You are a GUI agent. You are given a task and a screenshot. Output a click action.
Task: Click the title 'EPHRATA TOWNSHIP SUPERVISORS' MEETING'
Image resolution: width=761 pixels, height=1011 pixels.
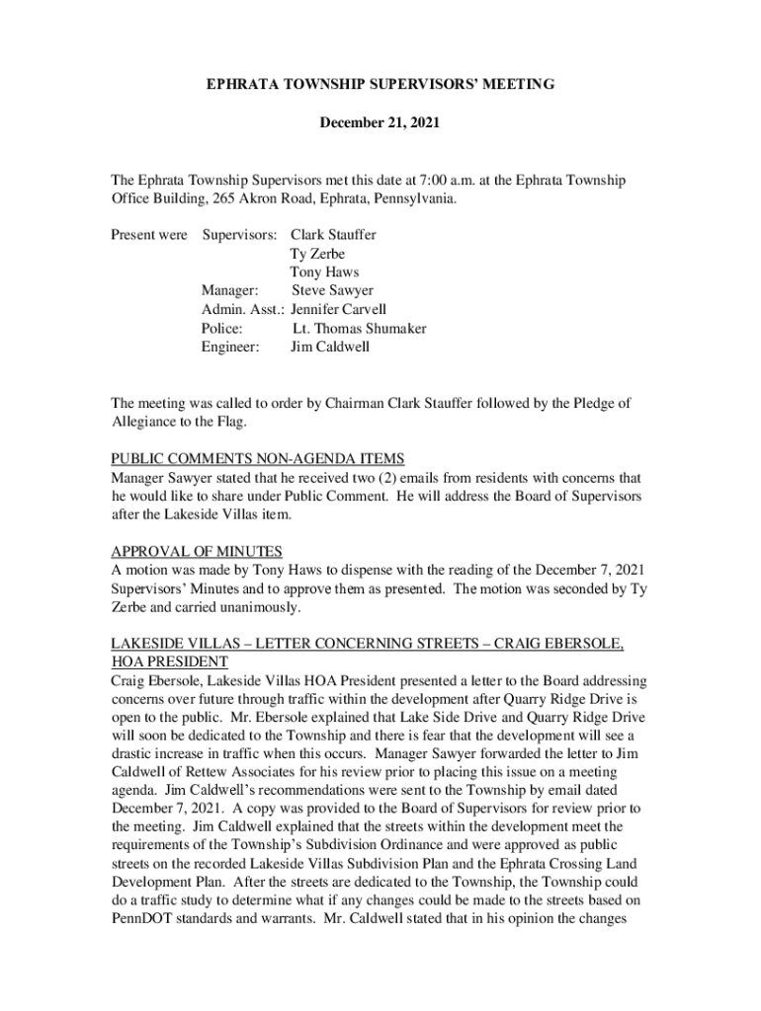pyautogui.click(x=380, y=86)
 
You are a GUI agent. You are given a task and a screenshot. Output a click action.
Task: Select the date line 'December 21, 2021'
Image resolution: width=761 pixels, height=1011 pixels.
pyautogui.click(x=380, y=124)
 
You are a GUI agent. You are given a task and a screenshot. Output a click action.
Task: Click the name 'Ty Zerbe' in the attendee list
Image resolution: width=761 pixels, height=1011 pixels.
pyautogui.click(x=317, y=254)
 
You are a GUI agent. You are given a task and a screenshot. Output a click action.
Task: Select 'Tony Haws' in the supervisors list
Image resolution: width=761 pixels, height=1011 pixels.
pyautogui.click(x=324, y=272)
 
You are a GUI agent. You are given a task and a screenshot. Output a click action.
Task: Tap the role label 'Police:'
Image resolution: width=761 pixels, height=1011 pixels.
pyautogui.click(x=222, y=329)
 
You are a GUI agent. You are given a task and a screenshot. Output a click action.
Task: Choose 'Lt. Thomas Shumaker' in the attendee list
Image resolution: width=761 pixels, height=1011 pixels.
pyautogui.click(x=360, y=329)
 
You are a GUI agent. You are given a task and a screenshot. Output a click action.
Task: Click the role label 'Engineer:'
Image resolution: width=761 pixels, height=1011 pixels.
pyautogui.click(x=230, y=348)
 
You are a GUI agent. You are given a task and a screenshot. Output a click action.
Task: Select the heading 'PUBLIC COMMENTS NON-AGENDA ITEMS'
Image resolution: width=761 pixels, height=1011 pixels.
pyautogui.click(x=258, y=458)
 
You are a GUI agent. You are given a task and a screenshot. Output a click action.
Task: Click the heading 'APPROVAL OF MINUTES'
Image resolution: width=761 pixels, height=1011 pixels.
pyautogui.click(x=197, y=551)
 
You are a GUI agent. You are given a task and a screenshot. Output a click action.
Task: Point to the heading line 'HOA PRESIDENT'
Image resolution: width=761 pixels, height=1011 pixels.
pyautogui.click(x=169, y=661)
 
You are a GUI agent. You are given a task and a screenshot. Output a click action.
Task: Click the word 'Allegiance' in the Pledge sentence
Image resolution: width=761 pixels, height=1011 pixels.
pyautogui.click(x=144, y=422)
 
